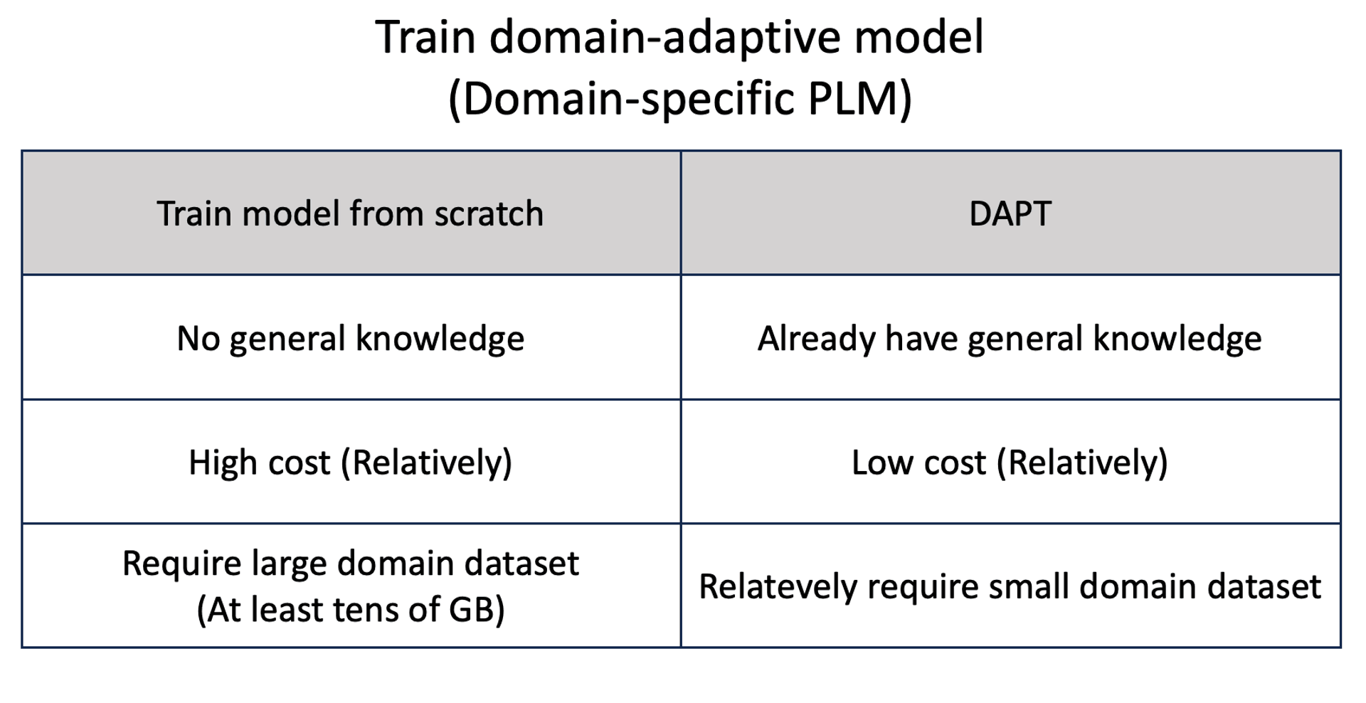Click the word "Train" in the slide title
[425, 37]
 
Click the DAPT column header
[1010, 213]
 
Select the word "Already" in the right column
[816, 339]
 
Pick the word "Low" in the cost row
[879, 463]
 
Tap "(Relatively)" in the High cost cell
[427, 463]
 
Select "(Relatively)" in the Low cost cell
[1082, 463]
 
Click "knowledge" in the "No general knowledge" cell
[440, 339]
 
